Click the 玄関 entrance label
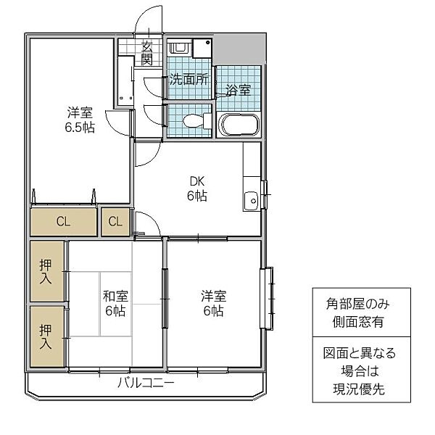click(147, 52)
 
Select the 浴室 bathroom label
click(238, 91)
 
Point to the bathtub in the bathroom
click(239, 125)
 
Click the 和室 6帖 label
click(115, 303)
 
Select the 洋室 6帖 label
click(213, 303)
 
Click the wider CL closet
click(64, 222)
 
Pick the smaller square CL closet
click(116, 222)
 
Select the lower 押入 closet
click(46, 336)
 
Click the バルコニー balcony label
click(146, 384)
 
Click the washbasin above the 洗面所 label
click(180, 49)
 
